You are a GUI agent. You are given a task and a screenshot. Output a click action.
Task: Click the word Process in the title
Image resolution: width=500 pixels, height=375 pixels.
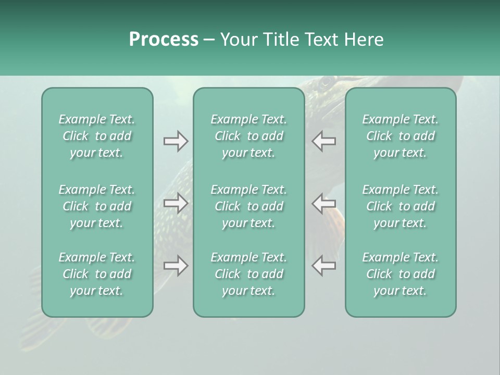[x=164, y=40]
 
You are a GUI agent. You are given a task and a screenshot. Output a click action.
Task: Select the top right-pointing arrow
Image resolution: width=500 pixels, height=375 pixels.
[x=176, y=141]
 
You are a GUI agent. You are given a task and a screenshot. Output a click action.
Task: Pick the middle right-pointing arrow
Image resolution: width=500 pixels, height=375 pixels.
[x=176, y=203]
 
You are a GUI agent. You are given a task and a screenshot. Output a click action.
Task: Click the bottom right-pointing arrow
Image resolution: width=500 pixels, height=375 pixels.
[x=176, y=266]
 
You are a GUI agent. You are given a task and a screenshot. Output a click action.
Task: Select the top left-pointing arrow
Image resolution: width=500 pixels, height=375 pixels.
[x=323, y=141]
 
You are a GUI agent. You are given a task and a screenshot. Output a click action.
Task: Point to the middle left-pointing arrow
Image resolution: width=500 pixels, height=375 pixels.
[x=323, y=203]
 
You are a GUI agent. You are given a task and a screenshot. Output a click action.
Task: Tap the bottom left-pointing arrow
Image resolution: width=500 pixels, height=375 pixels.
[x=323, y=266]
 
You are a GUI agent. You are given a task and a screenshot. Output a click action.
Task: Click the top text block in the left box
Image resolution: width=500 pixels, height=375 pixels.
[x=97, y=136]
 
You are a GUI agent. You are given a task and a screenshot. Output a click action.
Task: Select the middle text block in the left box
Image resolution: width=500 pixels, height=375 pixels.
[x=97, y=206]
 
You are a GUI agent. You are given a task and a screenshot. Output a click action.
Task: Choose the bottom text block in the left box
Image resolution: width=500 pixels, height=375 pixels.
[x=97, y=274]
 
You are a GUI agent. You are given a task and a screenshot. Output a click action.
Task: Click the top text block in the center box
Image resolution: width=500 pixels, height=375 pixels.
[x=248, y=136]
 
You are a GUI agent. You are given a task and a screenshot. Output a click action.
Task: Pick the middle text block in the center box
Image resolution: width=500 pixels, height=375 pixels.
[x=248, y=206]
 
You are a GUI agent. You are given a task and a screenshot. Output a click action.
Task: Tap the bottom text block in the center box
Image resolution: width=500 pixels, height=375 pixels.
[x=248, y=274]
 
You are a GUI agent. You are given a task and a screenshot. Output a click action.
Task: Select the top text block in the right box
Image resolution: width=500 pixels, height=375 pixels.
[x=400, y=136]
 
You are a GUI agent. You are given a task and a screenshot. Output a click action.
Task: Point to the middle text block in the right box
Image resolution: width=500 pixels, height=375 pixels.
[x=400, y=206]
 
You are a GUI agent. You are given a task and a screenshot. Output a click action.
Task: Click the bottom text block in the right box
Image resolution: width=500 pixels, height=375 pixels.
[x=400, y=274]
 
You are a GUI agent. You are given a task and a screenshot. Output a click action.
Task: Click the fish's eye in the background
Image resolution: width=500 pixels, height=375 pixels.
[x=326, y=81]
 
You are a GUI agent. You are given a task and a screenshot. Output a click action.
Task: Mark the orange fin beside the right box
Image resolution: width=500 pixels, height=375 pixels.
[x=338, y=221]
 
